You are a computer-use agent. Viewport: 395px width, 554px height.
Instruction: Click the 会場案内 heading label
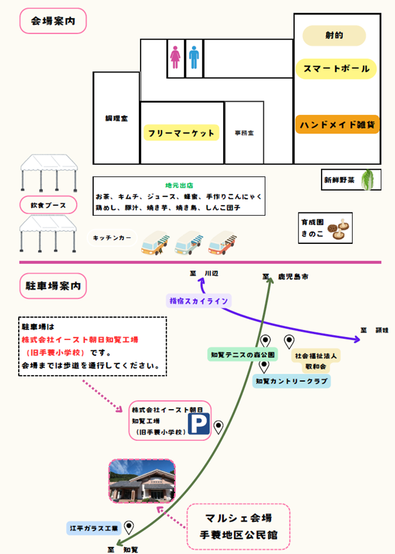[x=53, y=22]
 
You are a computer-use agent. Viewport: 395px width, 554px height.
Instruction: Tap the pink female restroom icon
[x=176, y=57]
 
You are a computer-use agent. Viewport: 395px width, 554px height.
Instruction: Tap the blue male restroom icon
[x=194, y=57]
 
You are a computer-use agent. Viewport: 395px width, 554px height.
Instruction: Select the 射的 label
[x=334, y=36]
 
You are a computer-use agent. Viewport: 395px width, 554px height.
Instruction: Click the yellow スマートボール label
[x=336, y=69]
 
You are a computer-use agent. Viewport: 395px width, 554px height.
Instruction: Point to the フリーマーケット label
[x=181, y=133]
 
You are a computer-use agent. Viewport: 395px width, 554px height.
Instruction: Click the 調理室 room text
[x=116, y=119]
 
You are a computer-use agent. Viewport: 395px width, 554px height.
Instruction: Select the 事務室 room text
[x=244, y=133]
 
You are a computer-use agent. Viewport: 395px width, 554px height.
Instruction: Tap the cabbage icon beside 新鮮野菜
[x=371, y=180]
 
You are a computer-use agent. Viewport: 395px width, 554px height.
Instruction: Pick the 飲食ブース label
[x=48, y=205]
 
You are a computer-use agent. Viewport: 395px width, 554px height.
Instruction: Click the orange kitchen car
[x=154, y=243]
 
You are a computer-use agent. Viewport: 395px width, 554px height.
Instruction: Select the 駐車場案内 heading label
[x=53, y=286]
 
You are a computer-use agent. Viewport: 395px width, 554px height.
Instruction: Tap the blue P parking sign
[x=199, y=424]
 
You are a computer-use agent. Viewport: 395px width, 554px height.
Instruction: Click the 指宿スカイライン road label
[x=199, y=301]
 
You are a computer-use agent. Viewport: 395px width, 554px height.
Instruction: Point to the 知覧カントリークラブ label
[x=291, y=380]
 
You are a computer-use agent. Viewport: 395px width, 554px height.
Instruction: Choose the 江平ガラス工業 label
[x=93, y=529]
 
